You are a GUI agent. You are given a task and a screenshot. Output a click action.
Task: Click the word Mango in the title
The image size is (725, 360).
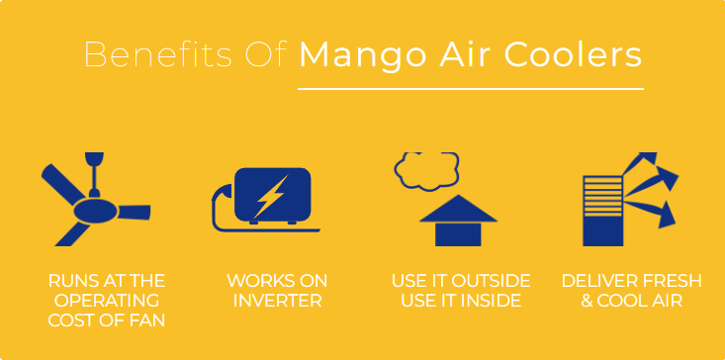tap(350, 54)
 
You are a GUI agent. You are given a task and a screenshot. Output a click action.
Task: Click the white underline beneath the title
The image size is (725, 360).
tap(470, 88)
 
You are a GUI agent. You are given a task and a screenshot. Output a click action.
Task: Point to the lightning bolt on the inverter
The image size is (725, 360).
tap(268, 195)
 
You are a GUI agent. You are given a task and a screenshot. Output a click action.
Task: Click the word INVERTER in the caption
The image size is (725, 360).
tap(276, 301)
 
